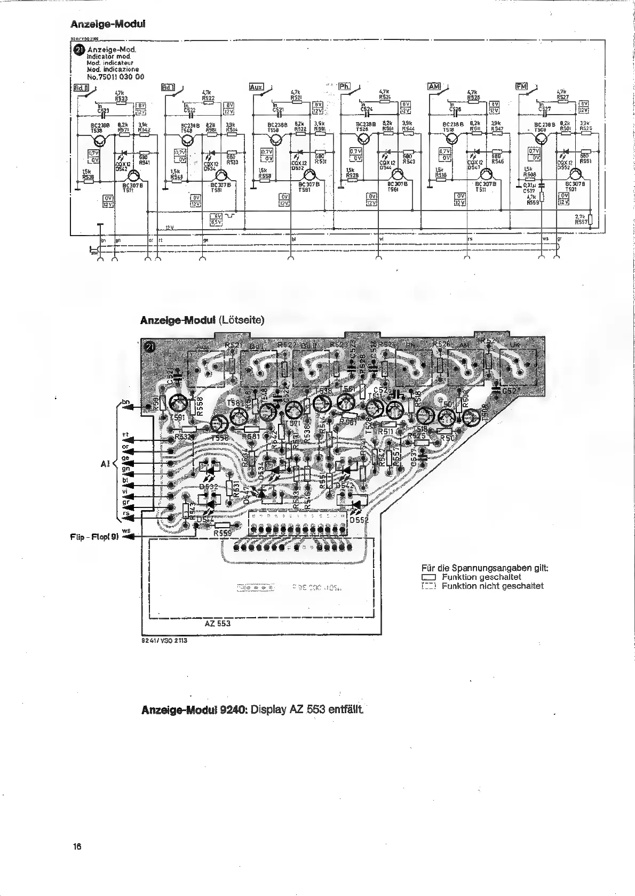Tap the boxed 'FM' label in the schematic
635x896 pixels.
tap(521, 86)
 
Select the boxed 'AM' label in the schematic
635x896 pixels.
tap(433, 86)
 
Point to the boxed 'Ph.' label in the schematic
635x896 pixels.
tap(345, 86)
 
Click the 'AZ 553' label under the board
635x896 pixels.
tap(217, 623)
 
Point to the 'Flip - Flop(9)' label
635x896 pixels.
tap(94, 537)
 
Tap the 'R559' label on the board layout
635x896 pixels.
tap(223, 532)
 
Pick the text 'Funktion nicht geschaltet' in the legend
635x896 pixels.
tap(492, 586)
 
